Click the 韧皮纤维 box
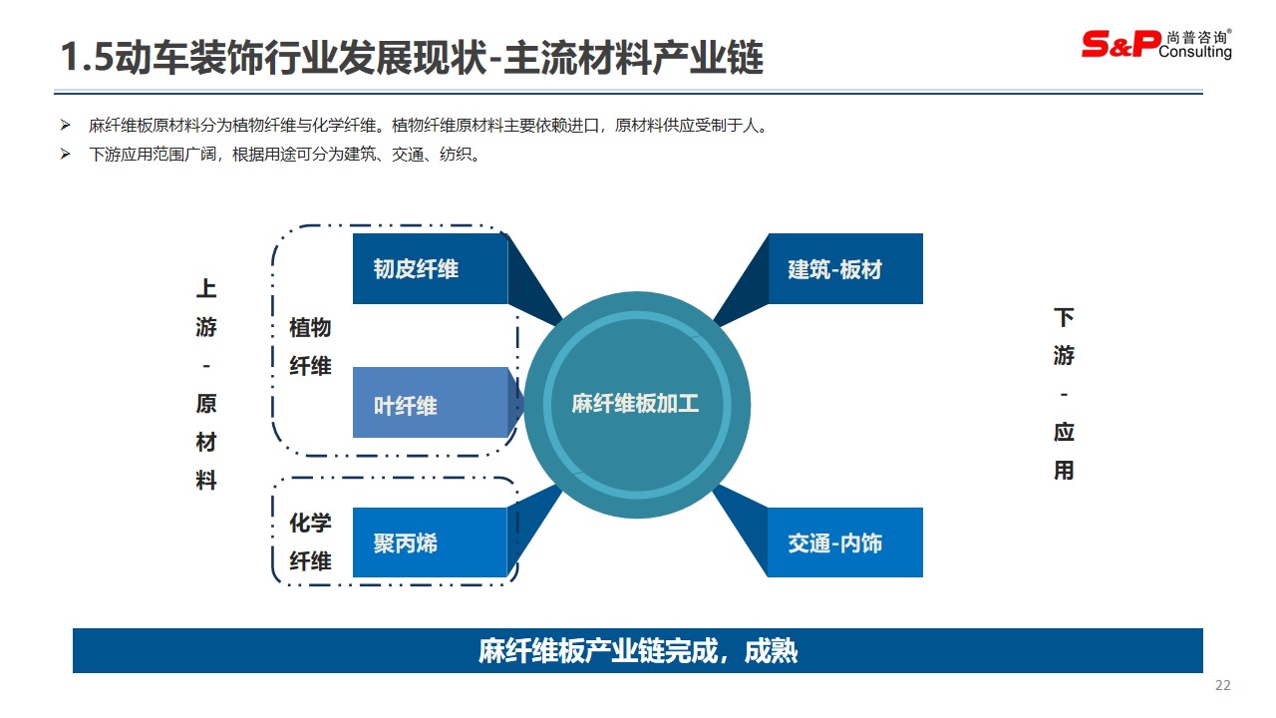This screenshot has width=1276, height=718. click(x=430, y=268)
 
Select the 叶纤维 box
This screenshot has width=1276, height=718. click(x=430, y=402)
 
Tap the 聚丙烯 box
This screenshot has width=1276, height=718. click(x=430, y=542)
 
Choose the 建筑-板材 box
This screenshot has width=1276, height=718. click(x=845, y=268)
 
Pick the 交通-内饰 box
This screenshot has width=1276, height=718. click(x=845, y=542)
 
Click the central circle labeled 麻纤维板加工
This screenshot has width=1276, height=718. click(x=637, y=405)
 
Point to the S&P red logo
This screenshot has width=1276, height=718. click(x=1120, y=44)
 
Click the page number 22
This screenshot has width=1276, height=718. click(x=1222, y=685)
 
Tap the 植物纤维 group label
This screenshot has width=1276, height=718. click(x=310, y=346)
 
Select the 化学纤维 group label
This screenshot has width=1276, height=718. click(x=310, y=541)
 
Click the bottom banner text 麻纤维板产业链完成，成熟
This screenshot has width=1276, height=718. click(x=637, y=651)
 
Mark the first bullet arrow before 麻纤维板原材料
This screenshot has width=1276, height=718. click(x=66, y=125)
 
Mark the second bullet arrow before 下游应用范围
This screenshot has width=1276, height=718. click(x=66, y=154)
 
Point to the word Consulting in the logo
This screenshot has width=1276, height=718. click(x=1195, y=52)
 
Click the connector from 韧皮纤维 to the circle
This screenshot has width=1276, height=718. click(x=535, y=279)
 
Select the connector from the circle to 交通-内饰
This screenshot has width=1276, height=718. click(x=740, y=531)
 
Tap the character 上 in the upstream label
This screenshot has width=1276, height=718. click(x=206, y=288)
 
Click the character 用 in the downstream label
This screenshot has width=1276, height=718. click(x=1064, y=471)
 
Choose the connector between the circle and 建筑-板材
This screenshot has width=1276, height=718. click(x=740, y=280)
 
